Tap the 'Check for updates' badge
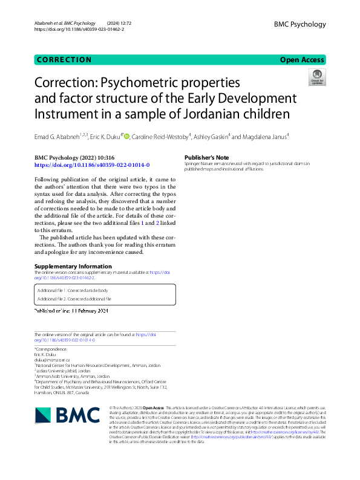point(316,77)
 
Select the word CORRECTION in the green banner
point(64,60)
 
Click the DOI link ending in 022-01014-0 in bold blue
point(92,165)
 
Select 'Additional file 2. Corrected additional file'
point(74,299)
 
